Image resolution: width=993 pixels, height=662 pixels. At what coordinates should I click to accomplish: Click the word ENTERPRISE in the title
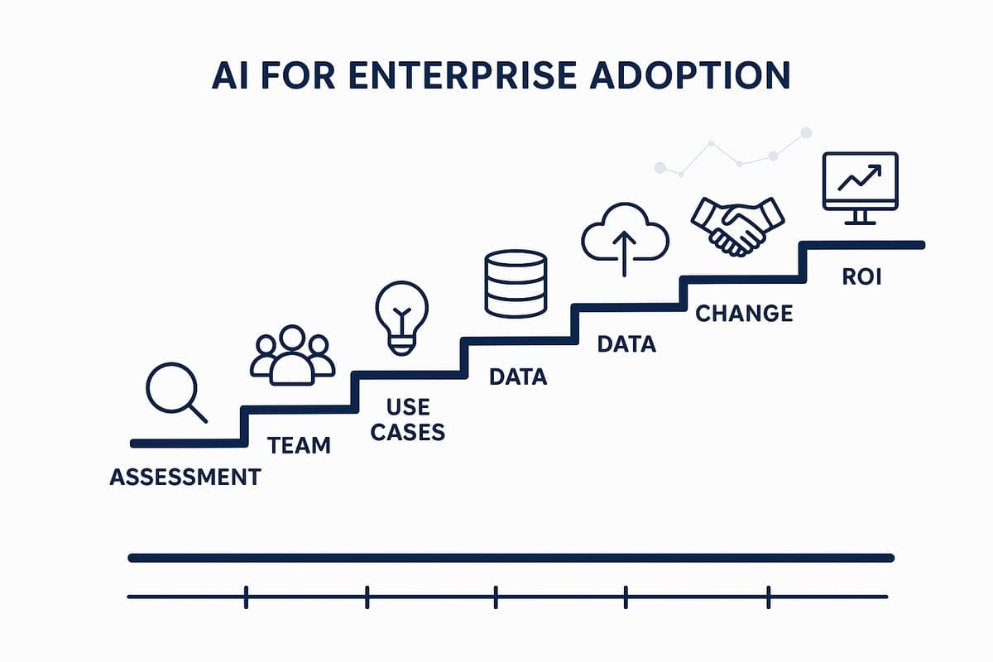[463, 75]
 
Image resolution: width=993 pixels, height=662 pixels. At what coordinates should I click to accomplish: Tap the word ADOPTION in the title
[690, 75]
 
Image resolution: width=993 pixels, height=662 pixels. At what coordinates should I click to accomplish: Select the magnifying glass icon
[176, 393]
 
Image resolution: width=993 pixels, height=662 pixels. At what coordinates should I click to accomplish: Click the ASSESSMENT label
[185, 477]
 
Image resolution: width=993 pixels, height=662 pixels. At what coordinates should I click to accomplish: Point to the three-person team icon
[293, 355]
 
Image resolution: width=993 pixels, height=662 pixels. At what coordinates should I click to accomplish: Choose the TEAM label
[300, 445]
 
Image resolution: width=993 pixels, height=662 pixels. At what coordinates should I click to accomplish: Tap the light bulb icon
[402, 318]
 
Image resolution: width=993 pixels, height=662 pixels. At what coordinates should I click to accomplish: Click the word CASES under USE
[408, 432]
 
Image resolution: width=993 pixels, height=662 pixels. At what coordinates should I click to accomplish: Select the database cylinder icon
[516, 284]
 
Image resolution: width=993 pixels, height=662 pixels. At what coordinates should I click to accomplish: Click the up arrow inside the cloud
[624, 253]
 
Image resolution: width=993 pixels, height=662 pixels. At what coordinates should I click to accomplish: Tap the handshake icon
[737, 227]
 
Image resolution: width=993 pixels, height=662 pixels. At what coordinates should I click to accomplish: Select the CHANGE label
[744, 314]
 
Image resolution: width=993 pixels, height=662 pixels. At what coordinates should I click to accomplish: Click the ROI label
[861, 277]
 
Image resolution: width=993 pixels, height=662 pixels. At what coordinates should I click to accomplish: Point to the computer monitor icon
[861, 189]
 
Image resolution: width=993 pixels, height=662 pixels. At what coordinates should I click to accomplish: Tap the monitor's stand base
[861, 223]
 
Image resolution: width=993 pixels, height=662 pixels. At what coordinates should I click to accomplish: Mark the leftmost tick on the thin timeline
[246, 597]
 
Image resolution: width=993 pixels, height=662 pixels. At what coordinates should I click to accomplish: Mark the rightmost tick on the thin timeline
[768, 597]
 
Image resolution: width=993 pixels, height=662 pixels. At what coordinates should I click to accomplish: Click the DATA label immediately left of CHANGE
[626, 344]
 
